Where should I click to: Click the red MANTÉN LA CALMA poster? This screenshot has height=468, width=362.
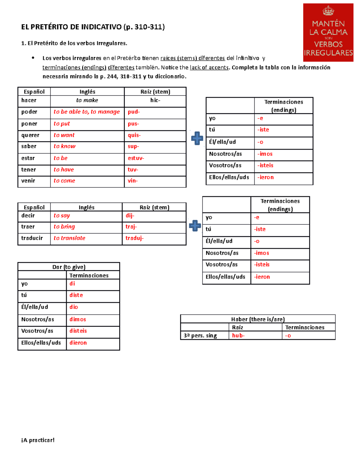point(328,33)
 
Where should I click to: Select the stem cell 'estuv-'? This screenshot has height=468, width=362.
point(136,158)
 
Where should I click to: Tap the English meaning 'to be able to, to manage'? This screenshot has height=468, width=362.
point(87,112)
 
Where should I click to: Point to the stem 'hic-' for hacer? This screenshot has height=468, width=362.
point(155,100)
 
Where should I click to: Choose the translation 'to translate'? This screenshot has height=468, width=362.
point(69,238)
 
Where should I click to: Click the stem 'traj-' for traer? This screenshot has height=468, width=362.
point(131,227)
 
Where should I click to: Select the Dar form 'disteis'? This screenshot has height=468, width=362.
point(78,331)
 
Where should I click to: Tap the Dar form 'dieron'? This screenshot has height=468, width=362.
point(78,343)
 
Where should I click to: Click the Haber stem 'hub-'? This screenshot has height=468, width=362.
point(238,336)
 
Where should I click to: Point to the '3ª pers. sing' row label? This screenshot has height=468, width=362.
point(200,336)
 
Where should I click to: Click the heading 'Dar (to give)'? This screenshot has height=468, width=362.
point(69,267)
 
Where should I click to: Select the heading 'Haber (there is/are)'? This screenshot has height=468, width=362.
point(258,319)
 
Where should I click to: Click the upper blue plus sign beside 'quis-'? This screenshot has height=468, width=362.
point(197,138)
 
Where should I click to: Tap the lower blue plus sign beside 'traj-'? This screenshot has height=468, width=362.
point(195,226)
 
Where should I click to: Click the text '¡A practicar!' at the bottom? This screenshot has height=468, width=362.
point(38,440)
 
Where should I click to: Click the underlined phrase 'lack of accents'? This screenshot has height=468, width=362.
point(209,68)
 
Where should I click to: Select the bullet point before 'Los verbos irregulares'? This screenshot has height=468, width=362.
point(33,58)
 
